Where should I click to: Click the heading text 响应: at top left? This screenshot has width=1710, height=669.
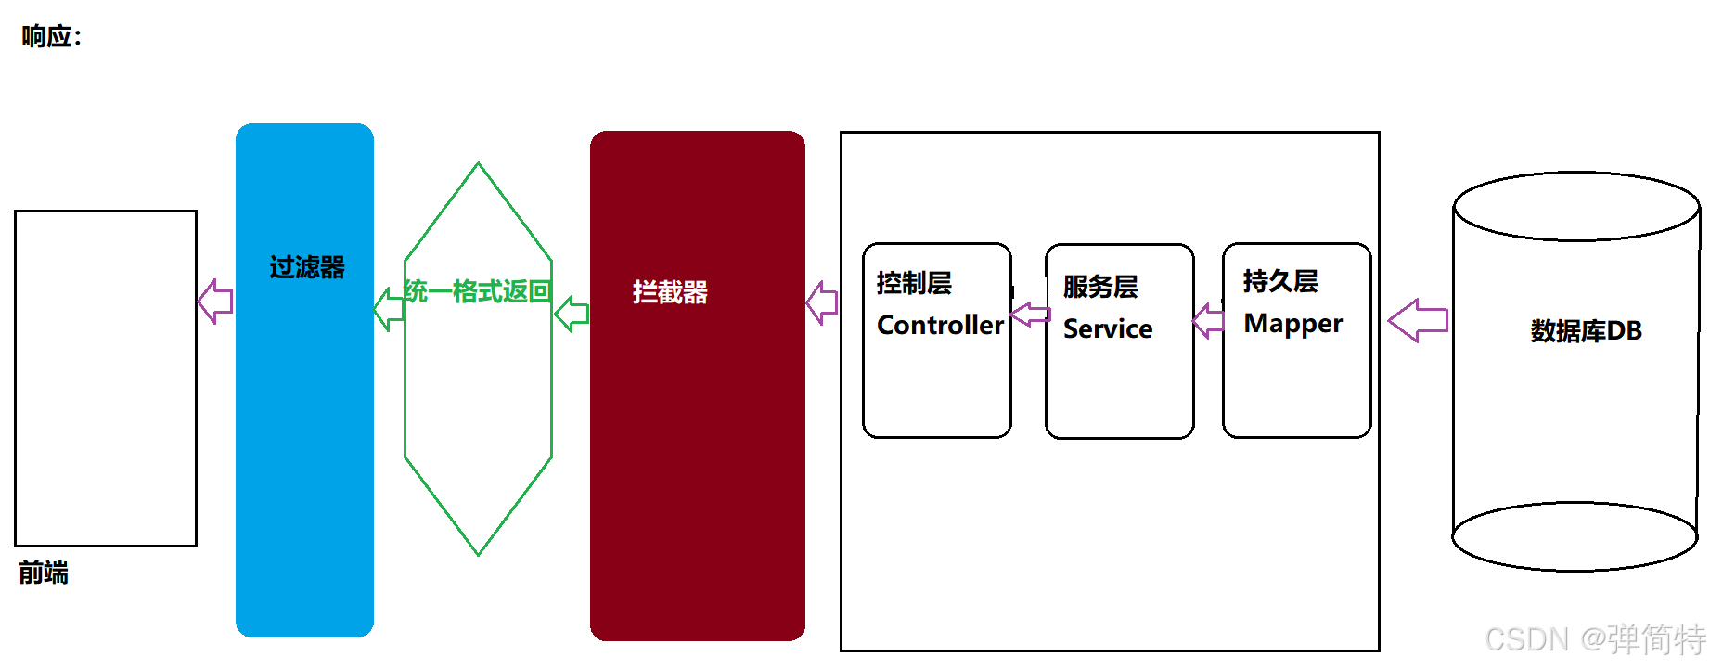[51, 37]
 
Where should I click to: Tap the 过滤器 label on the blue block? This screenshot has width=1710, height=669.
[307, 267]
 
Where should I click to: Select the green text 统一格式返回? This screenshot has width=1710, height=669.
[478, 291]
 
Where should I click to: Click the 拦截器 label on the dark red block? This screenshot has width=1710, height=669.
[670, 292]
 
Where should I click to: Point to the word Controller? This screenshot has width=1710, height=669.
[939, 325]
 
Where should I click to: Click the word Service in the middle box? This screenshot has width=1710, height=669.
[1107, 328]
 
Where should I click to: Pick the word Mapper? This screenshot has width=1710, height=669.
[1292, 323]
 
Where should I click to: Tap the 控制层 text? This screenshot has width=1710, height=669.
[914, 283]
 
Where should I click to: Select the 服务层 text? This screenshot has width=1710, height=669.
[1100, 287]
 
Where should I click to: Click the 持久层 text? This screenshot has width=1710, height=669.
[1280, 281]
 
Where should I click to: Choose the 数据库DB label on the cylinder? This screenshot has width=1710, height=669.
[1586, 330]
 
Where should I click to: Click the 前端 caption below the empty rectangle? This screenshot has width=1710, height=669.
[44, 573]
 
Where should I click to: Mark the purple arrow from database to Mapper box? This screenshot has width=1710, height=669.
[1417, 320]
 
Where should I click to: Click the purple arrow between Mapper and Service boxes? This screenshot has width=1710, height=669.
[1208, 321]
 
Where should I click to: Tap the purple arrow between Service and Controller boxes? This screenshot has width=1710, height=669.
[1029, 315]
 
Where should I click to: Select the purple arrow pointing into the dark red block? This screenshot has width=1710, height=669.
[822, 302]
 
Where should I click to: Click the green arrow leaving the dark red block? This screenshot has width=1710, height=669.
[572, 314]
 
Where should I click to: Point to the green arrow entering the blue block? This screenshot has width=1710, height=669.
[388, 309]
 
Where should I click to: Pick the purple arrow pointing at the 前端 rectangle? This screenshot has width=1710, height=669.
[215, 302]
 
